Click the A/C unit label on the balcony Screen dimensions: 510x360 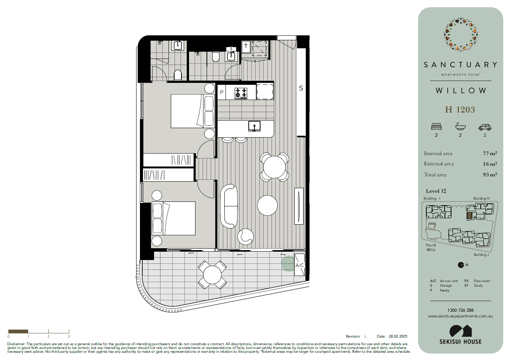300,265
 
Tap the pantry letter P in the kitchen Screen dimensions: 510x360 221,92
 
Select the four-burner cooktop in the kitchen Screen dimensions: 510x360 241,93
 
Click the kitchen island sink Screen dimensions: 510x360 254,126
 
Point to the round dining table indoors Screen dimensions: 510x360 274,167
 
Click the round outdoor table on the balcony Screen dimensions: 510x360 212,275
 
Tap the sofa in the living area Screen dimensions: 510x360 229,206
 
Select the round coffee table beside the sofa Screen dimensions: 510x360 267,205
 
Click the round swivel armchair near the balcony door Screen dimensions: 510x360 245,237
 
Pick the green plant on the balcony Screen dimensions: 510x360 288,263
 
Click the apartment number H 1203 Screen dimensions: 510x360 460,110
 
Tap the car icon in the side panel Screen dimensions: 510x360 485,127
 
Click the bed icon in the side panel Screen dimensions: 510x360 436,127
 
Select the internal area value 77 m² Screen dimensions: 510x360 490,153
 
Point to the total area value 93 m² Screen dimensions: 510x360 490,174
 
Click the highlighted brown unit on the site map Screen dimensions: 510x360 469,216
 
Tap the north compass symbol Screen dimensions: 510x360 461,265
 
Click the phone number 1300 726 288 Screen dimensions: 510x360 460,310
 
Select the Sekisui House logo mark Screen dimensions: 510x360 460,331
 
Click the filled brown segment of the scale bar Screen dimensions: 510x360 18,331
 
